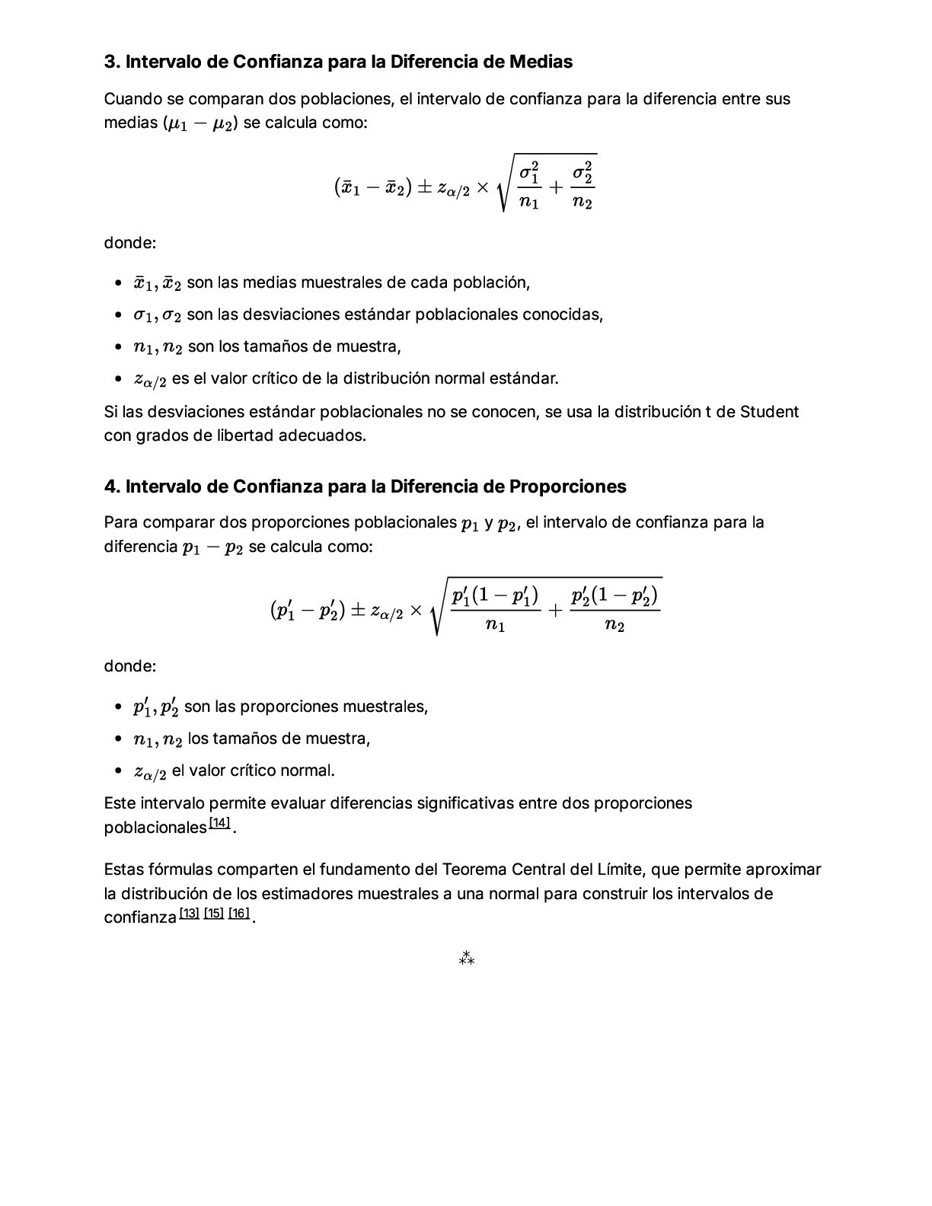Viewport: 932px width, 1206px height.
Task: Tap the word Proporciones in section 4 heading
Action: click(x=567, y=487)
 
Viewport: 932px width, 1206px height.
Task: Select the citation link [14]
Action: click(x=219, y=823)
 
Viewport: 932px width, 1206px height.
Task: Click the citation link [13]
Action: click(x=189, y=913)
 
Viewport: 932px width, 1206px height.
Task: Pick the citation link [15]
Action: click(x=214, y=913)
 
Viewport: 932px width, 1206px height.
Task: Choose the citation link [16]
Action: click(x=238, y=913)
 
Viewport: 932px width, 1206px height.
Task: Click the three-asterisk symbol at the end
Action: click(x=466, y=959)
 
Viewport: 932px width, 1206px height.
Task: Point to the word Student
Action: click(x=769, y=412)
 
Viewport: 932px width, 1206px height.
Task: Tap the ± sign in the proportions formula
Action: click(x=357, y=611)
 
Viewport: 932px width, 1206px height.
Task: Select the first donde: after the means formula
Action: click(x=130, y=243)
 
